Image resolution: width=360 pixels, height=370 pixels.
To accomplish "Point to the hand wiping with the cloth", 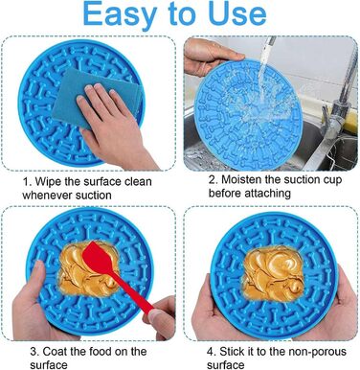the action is click(x=113, y=127).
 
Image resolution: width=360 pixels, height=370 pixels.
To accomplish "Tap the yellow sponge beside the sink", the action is click(x=350, y=122).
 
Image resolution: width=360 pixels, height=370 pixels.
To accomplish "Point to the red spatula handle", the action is click(x=132, y=292).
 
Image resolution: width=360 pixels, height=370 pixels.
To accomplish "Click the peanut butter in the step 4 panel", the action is click(x=274, y=273).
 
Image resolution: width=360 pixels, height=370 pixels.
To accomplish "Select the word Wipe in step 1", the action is click(x=48, y=181).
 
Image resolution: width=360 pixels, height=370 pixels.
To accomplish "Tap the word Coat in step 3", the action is click(x=55, y=352).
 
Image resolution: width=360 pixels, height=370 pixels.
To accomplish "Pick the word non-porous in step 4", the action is click(x=317, y=352).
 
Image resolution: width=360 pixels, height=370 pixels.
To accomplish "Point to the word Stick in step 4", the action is click(x=232, y=352).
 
